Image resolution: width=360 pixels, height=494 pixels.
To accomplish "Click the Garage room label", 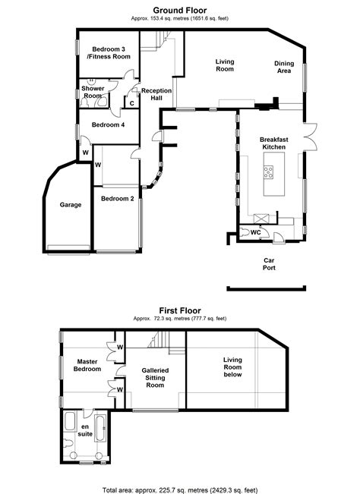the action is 71,205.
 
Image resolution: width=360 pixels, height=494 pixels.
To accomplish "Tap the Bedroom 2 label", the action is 117,199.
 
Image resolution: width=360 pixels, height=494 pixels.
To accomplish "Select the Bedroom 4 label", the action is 108,124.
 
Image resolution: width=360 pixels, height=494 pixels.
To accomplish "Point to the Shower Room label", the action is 93,92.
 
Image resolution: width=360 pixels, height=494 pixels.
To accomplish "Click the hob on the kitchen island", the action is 269,172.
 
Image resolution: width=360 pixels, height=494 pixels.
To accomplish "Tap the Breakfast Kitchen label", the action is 274,143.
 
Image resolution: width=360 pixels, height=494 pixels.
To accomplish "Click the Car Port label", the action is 269,264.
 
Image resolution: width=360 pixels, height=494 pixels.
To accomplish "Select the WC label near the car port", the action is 256,232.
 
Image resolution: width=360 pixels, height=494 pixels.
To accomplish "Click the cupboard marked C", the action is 131,103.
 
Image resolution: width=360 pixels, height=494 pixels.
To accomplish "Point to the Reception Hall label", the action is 156,94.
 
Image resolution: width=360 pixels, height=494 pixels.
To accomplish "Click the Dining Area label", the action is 284,67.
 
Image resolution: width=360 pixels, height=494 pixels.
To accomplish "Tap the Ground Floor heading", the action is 180,10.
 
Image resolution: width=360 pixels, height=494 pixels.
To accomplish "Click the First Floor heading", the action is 180,310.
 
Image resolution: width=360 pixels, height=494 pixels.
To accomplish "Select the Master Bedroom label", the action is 87,365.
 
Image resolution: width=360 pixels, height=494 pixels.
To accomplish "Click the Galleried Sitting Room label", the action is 155,378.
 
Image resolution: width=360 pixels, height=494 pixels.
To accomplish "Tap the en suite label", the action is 85,430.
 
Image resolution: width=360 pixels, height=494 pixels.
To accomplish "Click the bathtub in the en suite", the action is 101,428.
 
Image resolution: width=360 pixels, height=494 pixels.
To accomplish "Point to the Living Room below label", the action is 232,367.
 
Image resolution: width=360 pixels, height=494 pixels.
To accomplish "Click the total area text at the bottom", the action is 180,490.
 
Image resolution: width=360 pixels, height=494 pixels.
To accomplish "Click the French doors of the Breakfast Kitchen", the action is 311,136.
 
